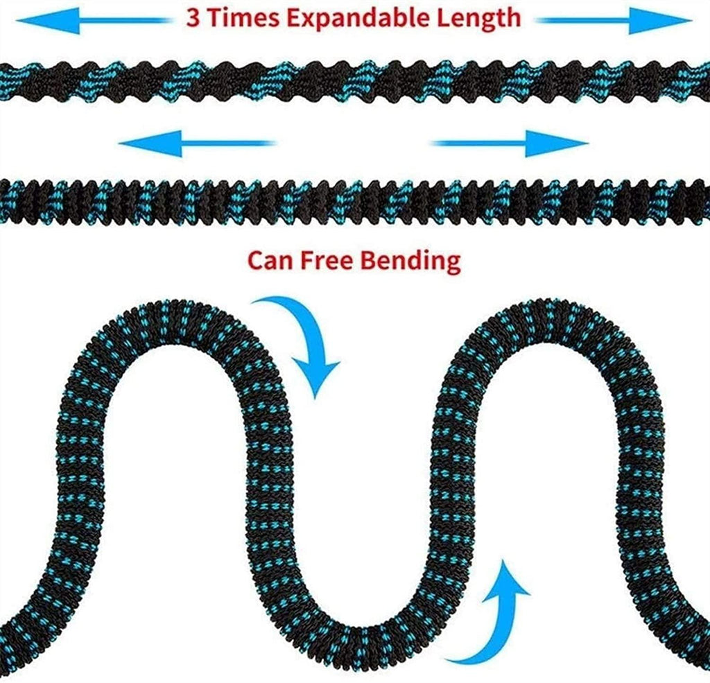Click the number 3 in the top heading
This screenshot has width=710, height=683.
coord(193,18)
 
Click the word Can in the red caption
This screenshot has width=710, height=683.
coord(270,261)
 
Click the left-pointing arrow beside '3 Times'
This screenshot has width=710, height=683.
coord(94,21)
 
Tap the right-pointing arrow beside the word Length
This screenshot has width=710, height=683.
coord(613,21)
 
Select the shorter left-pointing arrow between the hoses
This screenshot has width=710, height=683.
coord(196,144)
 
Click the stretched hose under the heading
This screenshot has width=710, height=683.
coord(355,82)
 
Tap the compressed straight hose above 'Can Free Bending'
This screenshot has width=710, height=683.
coord(355,202)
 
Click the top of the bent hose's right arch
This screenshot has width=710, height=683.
coord(550,322)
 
